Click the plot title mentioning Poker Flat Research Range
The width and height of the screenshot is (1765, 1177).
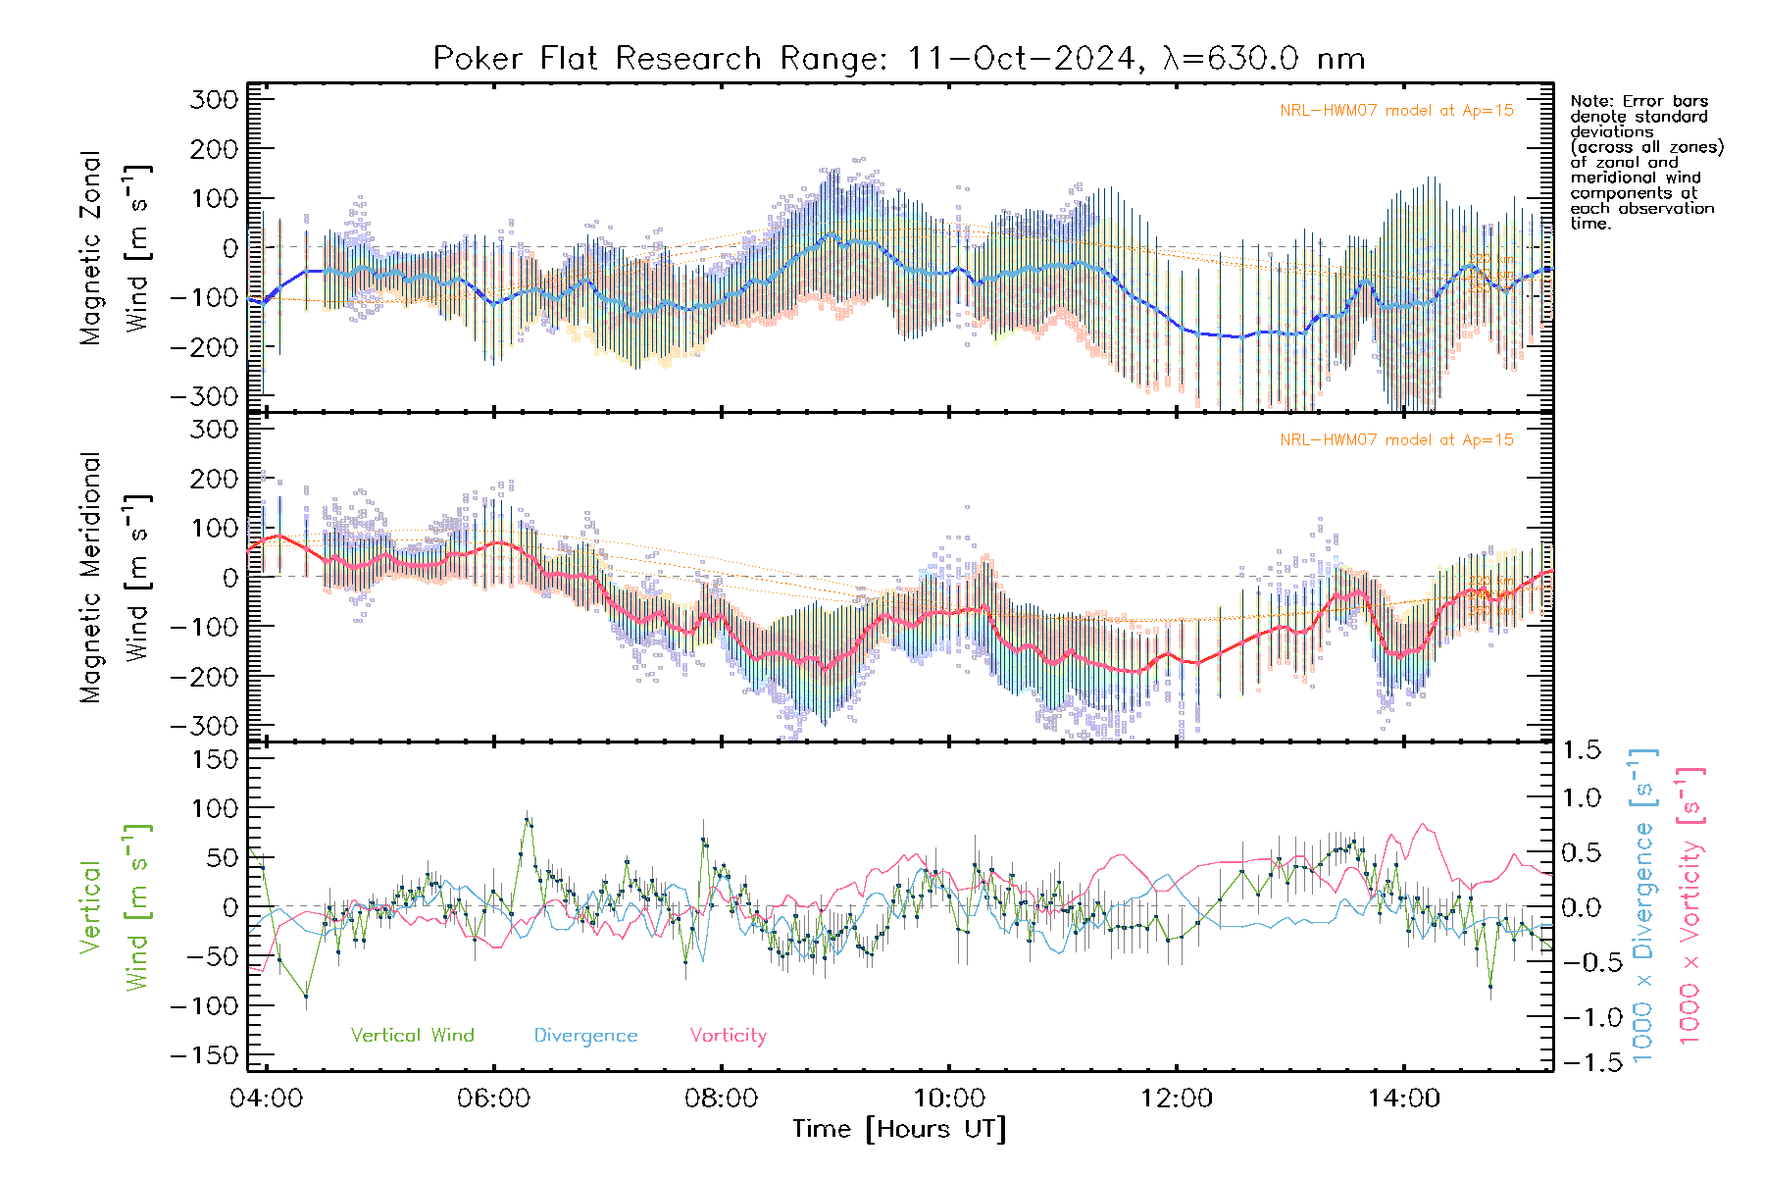pyautogui.click(x=899, y=59)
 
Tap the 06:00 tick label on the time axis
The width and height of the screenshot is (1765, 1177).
pyautogui.click(x=493, y=1098)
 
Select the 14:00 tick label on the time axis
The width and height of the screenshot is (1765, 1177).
pyautogui.click(x=1403, y=1098)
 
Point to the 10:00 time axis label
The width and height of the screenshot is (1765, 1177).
pyautogui.click(x=948, y=1098)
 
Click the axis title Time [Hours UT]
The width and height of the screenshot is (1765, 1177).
pyautogui.click(x=899, y=1129)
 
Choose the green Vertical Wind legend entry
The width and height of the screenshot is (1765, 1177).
pyautogui.click(x=412, y=1035)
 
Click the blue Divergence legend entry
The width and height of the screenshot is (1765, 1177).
pyautogui.click(x=585, y=1036)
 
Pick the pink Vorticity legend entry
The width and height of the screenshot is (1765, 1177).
pyautogui.click(x=728, y=1035)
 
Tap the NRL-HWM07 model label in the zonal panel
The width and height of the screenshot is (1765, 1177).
pyautogui.click(x=1396, y=111)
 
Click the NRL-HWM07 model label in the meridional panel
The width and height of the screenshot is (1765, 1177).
pyautogui.click(x=1396, y=440)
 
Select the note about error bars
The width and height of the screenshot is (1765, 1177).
pyautogui.click(x=1646, y=162)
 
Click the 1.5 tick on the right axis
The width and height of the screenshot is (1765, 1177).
pyautogui.click(x=1581, y=750)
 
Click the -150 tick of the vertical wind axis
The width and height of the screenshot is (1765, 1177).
pyautogui.click(x=205, y=1055)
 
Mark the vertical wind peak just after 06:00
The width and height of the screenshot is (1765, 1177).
pyautogui.click(x=528, y=821)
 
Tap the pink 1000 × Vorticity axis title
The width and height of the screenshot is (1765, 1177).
pyautogui.click(x=1690, y=904)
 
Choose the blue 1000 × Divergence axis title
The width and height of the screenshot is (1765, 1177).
pyautogui.click(x=1643, y=904)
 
